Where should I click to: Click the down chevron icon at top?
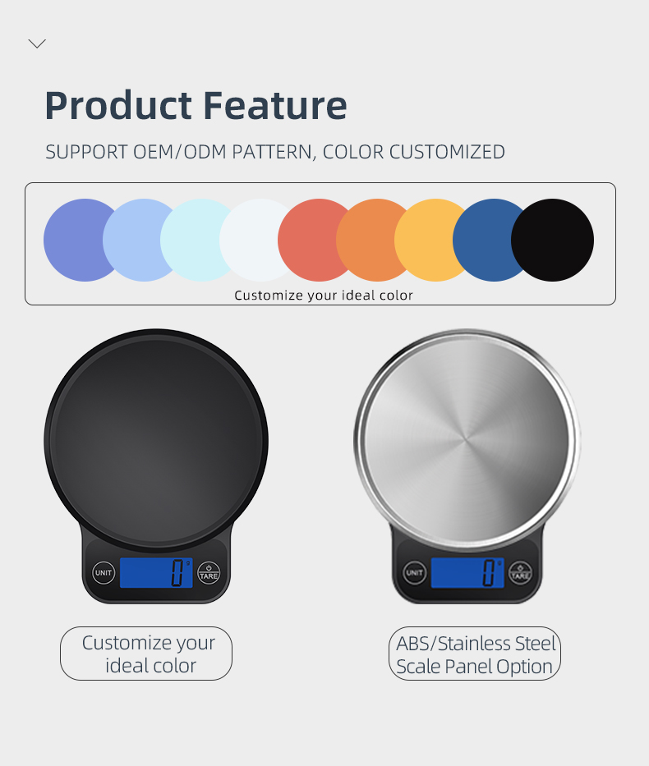click(37, 44)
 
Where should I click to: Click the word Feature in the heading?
click(274, 106)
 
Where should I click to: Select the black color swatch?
click(552, 240)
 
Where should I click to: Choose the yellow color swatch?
click(430, 240)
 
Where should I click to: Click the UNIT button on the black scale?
click(104, 572)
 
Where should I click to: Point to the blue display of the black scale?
click(156, 572)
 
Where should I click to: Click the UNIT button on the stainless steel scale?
click(414, 572)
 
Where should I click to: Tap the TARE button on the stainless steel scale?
click(520, 572)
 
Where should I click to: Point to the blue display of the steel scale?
click(467, 572)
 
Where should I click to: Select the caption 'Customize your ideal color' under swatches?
click(324, 296)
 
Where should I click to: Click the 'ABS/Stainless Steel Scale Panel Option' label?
click(475, 654)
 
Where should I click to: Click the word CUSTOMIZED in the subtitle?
click(447, 152)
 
